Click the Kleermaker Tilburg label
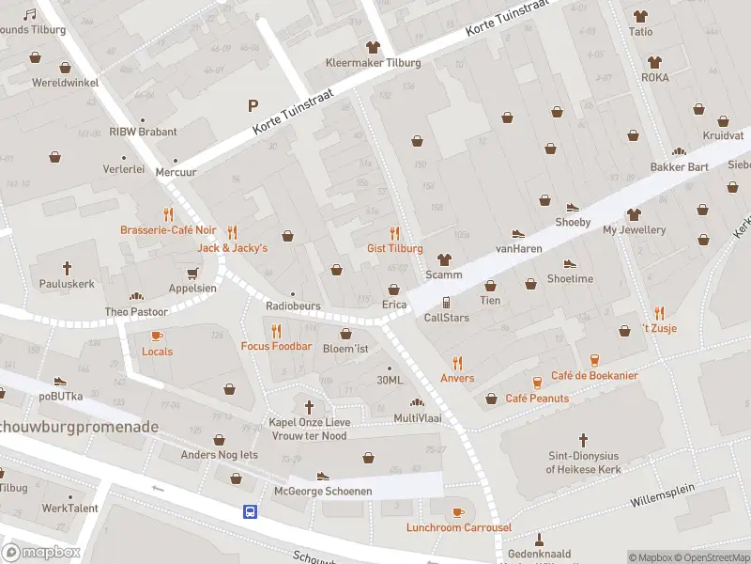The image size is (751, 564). [x=373, y=63]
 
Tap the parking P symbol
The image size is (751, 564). [x=252, y=105]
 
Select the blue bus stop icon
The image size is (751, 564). [x=251, y=511]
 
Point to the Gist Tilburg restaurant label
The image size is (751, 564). [x=394, y=248]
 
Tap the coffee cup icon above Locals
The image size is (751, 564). [x=157, y=336]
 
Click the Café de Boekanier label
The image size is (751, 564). [x=594, y=376]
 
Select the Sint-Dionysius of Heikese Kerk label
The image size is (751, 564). [x=583, y=462]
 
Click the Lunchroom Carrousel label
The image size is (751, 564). [x=458, y=527]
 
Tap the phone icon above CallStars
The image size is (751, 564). [x=446, y=302]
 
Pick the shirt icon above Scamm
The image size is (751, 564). [x=444, y=258]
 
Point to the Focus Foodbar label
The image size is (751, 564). [x=276, y=346]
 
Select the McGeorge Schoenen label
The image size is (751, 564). [x=323, y=492]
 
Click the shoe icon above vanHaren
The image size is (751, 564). [x=517, y=233]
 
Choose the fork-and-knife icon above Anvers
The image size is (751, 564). [x=457, y=363]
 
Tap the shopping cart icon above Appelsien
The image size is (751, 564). [x=192, y=273]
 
